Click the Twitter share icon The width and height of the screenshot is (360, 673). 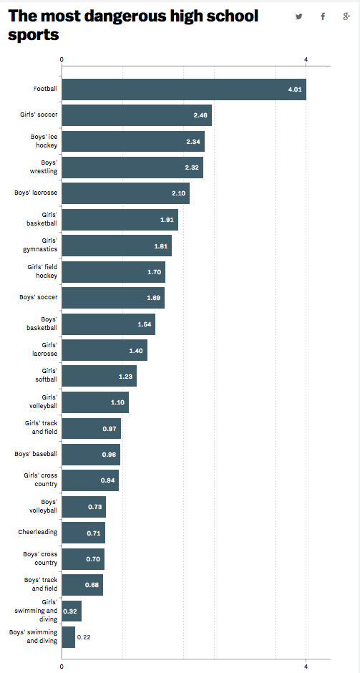click(299, 16)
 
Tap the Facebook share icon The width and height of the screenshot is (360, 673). click(323, 16)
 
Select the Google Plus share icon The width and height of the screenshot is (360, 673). click(346, 16)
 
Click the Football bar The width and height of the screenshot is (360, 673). click(183, 89)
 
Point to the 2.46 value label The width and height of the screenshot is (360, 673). click(200, 115)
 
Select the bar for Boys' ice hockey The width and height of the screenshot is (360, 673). click(132, 141)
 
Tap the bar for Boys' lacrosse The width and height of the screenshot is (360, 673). click(125, 193)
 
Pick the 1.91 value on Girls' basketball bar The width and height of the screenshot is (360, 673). click(167, 219)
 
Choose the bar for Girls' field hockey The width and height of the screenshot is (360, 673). click(113, 271)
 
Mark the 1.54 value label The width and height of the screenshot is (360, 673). click(145, 324)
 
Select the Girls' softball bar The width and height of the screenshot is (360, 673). click(99, 376)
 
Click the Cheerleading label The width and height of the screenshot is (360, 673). click(38, 532)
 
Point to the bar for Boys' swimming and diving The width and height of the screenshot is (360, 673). click(68, 636)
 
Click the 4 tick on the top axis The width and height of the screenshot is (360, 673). click(306, 59)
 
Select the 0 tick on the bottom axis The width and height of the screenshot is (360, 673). click(62, 667)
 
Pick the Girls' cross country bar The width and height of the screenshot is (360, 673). click(90, 480)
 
